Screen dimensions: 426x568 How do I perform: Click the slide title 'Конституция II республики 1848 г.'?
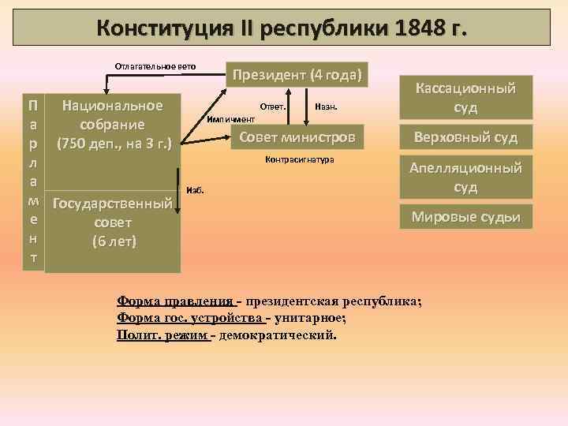(x=282, y=28)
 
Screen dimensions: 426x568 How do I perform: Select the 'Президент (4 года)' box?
(x=296, y=76)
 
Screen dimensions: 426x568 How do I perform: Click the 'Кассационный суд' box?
(x=461, y=97)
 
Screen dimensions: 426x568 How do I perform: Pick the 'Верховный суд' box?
(x=461, y=137)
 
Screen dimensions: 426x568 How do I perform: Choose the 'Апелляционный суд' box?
(x=461, y=177)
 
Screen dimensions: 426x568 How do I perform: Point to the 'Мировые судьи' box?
(x=461, y=216)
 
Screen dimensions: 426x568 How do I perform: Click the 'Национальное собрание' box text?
(x=113, y=124)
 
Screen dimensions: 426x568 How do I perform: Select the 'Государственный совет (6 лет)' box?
(x=113, y=223)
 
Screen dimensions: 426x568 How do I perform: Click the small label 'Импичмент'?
(x=231, y=118)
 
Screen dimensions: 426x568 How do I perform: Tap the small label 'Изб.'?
(x=195, y=191)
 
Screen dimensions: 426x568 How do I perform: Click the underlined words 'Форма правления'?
(x=175, y=301)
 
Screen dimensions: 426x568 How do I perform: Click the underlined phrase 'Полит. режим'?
(x=163, y=334)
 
